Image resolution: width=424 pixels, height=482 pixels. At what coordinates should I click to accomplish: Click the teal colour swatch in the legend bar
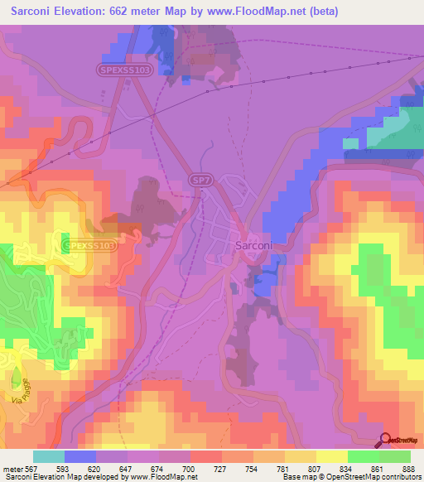pos(47,456)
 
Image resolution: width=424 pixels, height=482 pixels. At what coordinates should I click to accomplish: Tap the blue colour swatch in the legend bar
pos(79,456)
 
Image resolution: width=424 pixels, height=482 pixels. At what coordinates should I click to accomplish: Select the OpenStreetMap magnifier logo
pos(383,441)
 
